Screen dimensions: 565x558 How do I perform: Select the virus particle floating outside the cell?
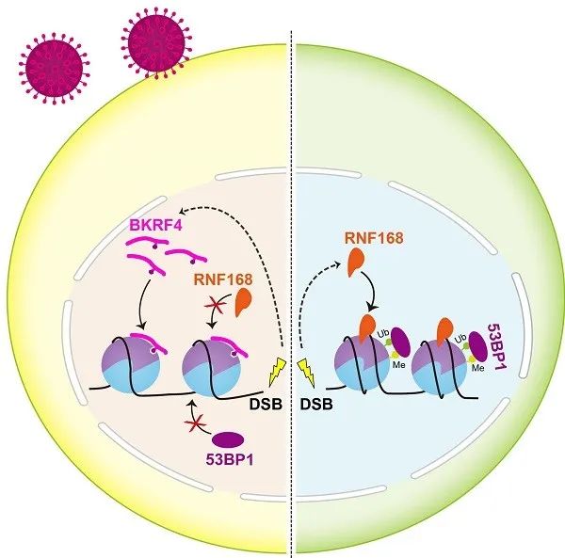(x=55, y=69)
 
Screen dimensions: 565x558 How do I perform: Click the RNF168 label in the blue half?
(x=374, y=238)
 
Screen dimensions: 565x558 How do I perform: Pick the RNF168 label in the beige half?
(x=223, y=279)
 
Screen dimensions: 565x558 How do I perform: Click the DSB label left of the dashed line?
(x=266, y=405)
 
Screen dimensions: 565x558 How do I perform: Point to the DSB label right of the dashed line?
(x=316, y=405)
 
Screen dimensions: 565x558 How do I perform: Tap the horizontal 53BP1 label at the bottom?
(x=229, y=459)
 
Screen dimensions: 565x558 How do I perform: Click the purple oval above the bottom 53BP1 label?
(x=228, y=439)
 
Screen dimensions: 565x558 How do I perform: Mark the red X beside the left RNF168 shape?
(x=215, y=306)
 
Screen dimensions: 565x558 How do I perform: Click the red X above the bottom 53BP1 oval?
(x=195, y=425)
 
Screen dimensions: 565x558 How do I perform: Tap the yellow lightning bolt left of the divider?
(x=277, y=373)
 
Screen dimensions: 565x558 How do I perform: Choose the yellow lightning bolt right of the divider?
(x=306, y=373)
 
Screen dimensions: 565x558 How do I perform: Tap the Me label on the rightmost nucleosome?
(x=477, y=368)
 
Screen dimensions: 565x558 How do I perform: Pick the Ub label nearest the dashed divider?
(x=382, y=333)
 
